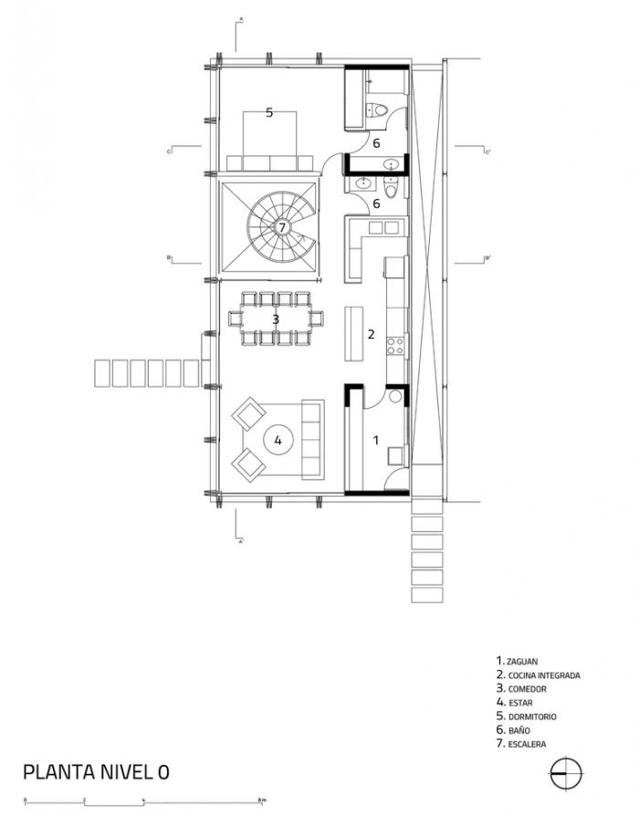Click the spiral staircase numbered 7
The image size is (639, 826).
tap(282, 226)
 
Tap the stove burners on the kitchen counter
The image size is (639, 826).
tap(396, 346)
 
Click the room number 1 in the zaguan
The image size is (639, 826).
tap(375, 440)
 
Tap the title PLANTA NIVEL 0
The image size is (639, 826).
tap(96, 772)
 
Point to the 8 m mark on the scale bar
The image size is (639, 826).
tap(262, 800)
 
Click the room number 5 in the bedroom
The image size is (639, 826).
tap(269, 113)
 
